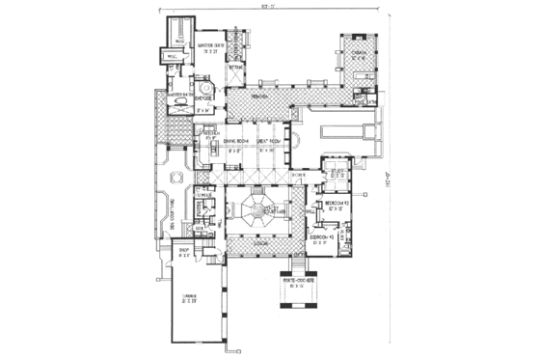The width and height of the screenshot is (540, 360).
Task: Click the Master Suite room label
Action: (211, 44)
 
